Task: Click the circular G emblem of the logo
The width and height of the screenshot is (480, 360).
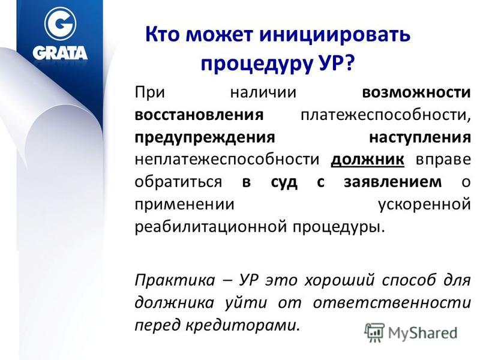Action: [x=60, y=23]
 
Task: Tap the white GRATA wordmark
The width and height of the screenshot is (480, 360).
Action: [x=60, y=53]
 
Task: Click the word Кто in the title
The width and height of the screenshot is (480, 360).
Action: [x=162, y=34]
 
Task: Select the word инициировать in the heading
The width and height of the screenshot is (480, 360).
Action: [x=335, y=34]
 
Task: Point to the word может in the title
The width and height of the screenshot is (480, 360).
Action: [x=219, y=35]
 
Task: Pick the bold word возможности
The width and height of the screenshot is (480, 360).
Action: [x=416, y=92]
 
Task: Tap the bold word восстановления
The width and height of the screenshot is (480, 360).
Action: [x=199, y=115]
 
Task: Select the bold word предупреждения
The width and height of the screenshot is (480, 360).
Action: [x=205, y=138]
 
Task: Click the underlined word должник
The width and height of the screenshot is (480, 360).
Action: [x=367, y=160]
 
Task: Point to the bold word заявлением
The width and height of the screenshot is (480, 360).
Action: [x=393, y=182]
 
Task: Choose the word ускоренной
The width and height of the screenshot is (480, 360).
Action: [x=425, y=205]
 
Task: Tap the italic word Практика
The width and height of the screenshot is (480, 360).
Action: [x=175, y=280]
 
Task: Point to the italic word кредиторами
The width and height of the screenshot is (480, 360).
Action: [x=242, y=325]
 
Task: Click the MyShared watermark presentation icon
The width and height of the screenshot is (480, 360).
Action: [x=374, y=332]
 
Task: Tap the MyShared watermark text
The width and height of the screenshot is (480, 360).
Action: [x=422, y=332]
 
